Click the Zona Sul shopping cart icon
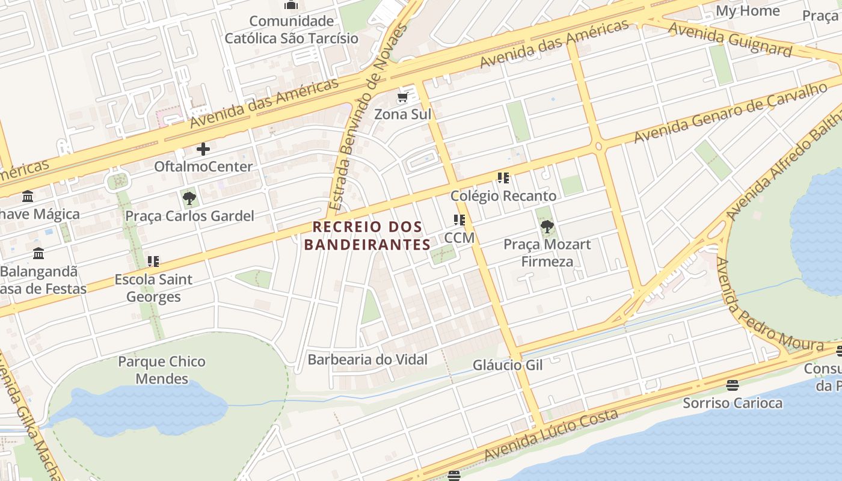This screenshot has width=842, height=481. click(x=402, y=97)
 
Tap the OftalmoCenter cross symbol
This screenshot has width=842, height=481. click(x=203, y=149)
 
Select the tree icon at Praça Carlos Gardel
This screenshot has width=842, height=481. click(x=189, y=198)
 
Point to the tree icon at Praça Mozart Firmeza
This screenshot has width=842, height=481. click(x=547, y=227)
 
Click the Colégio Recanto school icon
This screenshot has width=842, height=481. click(x=503, y=178)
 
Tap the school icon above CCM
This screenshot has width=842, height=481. click(x=459, y=220)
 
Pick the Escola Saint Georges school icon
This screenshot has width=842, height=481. click(x=153, y=261)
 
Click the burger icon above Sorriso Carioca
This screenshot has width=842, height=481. click(x=732, y=385)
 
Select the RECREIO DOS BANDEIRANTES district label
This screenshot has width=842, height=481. click(x=367, y=236)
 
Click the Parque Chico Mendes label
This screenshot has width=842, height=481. click(x=162, y=370)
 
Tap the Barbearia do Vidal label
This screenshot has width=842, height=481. click(x=367, y=360)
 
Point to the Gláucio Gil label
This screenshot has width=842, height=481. click(x=508, y=365)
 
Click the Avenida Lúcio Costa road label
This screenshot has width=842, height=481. click(x=552, y=435)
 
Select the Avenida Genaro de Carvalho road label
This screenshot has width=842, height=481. click(x=730, y=114)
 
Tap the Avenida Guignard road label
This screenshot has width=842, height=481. click(x=730, y=38)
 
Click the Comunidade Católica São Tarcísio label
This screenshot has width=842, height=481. click(x=291, y=29)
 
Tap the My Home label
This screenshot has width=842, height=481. click(x=748, y=11)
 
